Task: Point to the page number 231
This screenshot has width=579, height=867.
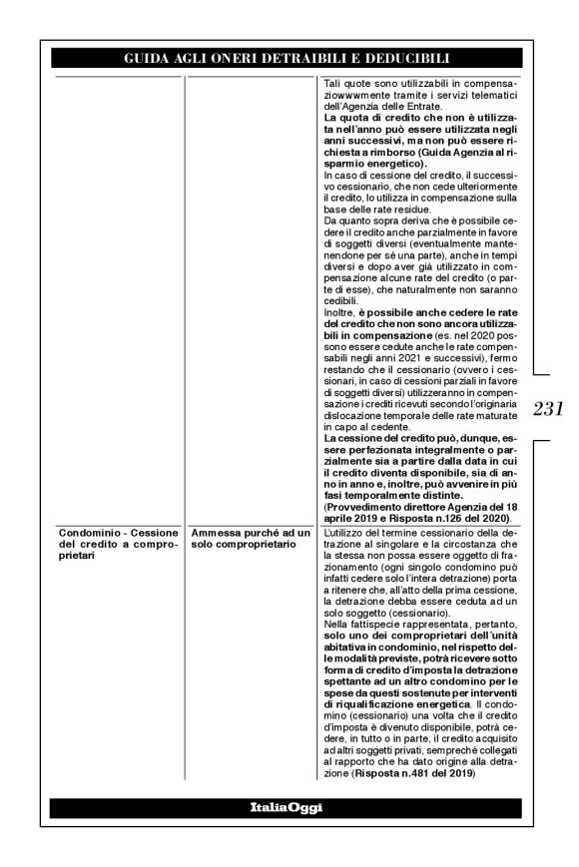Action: (550, 408)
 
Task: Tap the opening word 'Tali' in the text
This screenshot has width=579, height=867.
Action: (338, 82)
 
